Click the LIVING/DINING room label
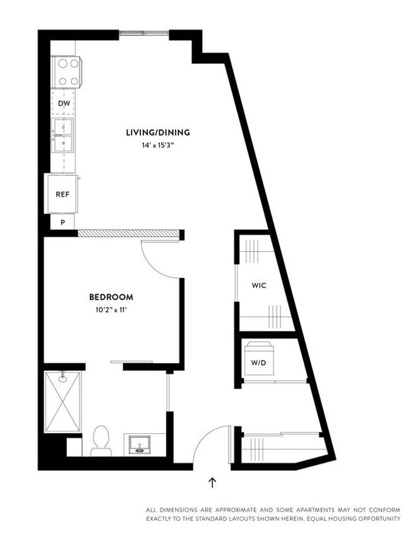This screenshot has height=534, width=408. pyautogui.click(x=157, y=133)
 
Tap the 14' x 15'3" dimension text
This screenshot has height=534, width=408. pyautogui.click(x=157, y=145)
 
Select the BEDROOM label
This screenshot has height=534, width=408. pyautogui.click(x=111, y=297)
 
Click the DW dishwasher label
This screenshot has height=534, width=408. pyautogui.click(x=63, y=103)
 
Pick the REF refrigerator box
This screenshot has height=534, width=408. pyautogui.click(x=63, y=194)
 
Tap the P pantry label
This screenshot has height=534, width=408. pyautogui.click(x=63, y=222)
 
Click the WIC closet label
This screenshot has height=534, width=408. pyautogui.click(x=259, y=285)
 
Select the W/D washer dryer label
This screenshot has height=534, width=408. pyautogui.click(x=258, y=363)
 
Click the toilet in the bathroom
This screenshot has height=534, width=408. pyautogui.click(x=101, y=440)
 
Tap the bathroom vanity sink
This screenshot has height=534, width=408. pyautogui.click(x=138, y=444)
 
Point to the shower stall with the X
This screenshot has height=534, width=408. pyautogui.click(x=63, y=402)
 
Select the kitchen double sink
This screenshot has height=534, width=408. pyautogui.click(x=63, y=135)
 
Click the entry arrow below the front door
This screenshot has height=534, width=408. pyautogui.click(x=212, y=483)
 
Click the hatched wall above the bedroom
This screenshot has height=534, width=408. pyautogui.click(x=129, y=233)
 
